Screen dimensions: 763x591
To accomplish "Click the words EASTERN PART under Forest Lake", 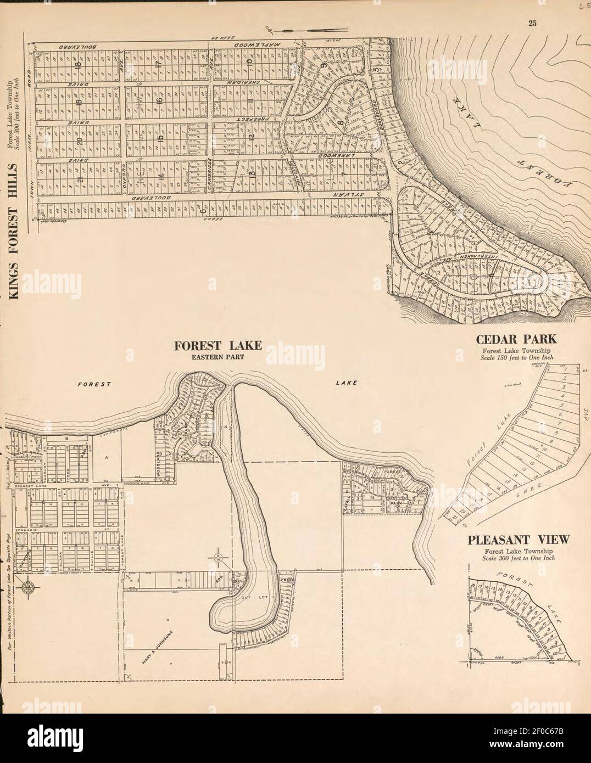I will tap(218, 356).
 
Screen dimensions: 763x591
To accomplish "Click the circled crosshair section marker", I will tap(218, 558).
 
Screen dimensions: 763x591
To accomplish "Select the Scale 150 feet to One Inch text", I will tap(518, 357).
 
